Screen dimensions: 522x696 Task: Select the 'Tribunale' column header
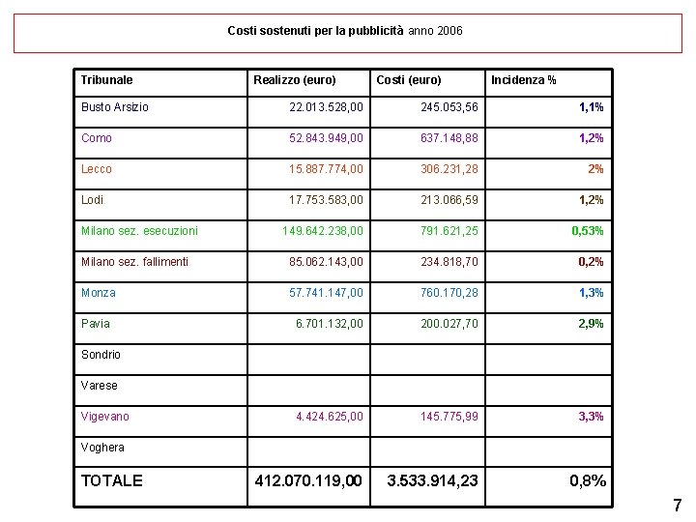(x=107, y=80)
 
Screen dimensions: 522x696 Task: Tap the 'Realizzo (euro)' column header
(x=295, y=80)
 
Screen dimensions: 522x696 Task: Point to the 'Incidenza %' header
(x=523, y=80)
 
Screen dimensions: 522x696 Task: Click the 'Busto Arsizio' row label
(x=115, y=107)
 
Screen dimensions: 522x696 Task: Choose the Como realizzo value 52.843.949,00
(x=327, y=138)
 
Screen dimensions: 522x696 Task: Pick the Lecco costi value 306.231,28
(x=449, y=169)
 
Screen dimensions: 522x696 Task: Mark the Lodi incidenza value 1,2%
(x=591, y=200)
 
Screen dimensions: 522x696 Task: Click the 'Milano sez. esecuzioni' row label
(x=139, y=231)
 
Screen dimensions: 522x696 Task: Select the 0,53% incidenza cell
(x=588, y=231)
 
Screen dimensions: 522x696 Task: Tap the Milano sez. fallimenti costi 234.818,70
(x=449, y=262)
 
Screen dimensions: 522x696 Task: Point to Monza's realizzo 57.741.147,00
(x=327, y=293)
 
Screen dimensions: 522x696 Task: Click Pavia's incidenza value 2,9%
(x=591, y=324)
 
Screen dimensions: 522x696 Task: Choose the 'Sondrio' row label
(x=101, y=355)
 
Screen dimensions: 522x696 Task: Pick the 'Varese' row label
(x=100, y=386)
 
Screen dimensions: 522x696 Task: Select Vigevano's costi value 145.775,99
(x=449, y=417)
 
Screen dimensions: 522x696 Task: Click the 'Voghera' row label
(x=102, y=448)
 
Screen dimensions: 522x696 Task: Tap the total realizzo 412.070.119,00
(x=307, y=480)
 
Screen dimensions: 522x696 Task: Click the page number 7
(x=677, y=506)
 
